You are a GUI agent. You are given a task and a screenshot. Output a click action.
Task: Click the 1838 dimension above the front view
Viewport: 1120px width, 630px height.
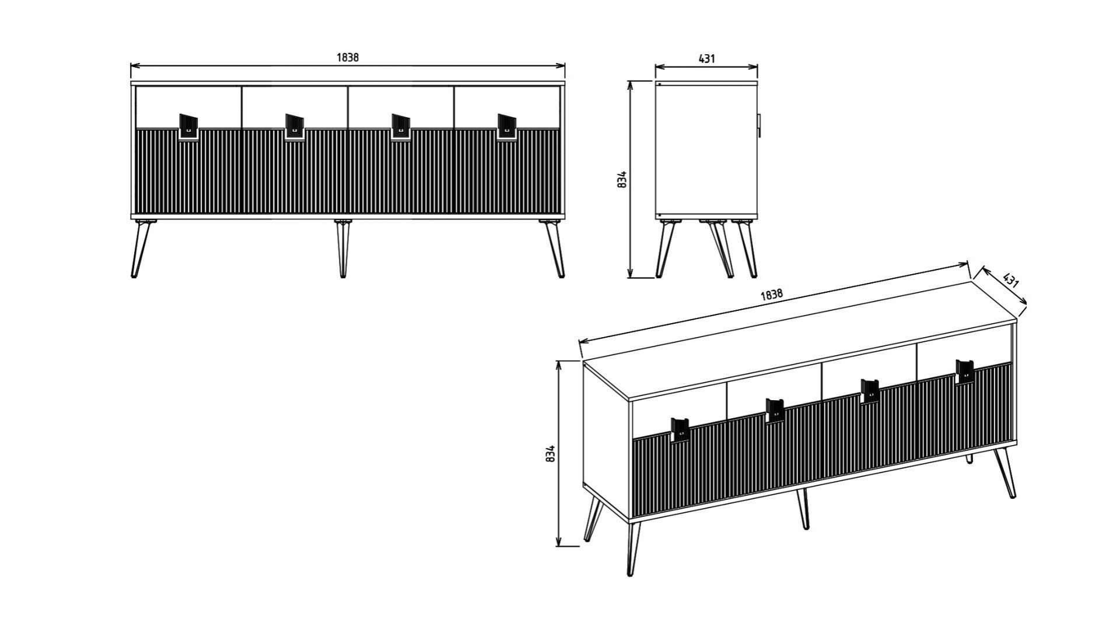[348, 57]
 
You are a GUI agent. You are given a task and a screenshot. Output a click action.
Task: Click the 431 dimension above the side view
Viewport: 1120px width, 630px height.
[706, 58]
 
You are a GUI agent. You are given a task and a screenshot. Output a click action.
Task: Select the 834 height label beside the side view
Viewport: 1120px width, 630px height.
[622, 179]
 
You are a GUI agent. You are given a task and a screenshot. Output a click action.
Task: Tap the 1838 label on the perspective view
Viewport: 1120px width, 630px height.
[771, 295]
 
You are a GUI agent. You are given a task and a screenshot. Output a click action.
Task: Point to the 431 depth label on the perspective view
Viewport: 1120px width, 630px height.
[1011, 279]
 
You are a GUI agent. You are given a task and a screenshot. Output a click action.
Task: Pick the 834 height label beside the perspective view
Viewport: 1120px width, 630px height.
[549, 454]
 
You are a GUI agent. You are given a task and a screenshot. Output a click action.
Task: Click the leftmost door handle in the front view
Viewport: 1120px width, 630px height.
[188, 127]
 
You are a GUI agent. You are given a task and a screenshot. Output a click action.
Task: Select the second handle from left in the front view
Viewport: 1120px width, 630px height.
[295, 127]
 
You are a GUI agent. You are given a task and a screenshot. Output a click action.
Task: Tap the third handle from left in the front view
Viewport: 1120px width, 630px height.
[401, 127]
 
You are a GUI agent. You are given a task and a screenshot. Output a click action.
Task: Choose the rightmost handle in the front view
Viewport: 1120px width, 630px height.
[507, 127]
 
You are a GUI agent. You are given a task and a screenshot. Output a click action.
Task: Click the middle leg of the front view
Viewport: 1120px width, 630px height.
[343, 248]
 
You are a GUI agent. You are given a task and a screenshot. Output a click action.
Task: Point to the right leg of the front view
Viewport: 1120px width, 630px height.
[552, 248]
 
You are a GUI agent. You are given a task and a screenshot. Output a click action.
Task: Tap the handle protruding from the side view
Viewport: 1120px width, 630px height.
[759, 126]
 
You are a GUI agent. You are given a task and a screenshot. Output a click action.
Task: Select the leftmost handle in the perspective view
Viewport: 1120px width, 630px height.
[680, 430]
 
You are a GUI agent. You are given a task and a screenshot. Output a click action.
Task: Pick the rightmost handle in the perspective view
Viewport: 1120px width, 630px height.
[965, 372]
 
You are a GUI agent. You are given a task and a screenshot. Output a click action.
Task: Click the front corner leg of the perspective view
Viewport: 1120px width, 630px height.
[632, 548]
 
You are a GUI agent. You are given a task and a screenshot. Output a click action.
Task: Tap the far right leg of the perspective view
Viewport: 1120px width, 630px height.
[1006, 473]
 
